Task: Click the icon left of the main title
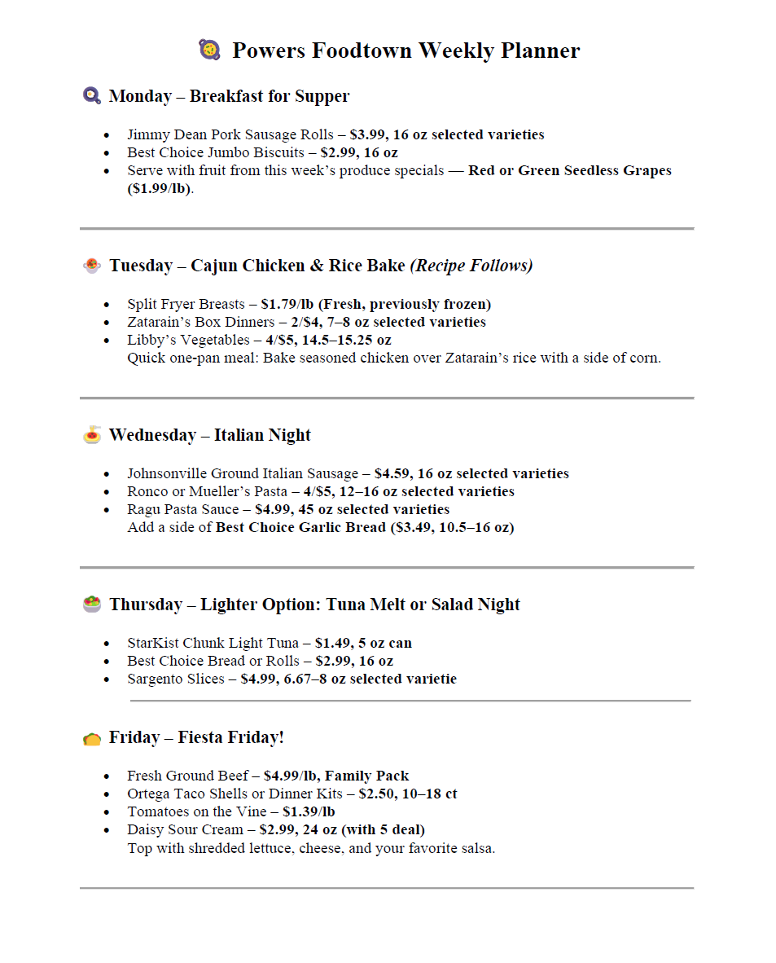[x=209, y=50]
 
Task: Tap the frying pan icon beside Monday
[x=91, y=96]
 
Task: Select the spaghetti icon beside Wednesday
[x=92, y=435]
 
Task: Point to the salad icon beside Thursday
[x=92, y=605]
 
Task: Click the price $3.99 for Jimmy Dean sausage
[x=367, y=134]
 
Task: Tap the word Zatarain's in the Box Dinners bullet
[x=160, y=322]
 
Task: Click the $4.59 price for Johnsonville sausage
[x=392, y=473]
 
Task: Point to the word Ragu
[x=143, y=509]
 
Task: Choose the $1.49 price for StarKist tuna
[x=332, y=643]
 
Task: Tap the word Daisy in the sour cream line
[x=144, y=829]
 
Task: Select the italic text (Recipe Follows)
[x=471, y=266]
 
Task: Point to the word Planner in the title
[x=540, y=51]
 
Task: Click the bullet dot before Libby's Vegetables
[x=107, y=341]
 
